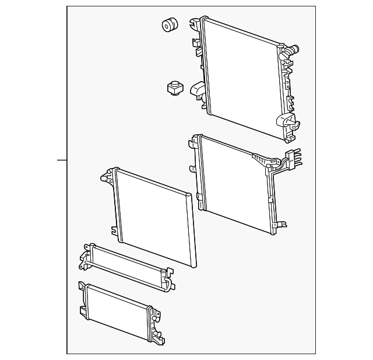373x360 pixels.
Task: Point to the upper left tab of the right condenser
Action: (x=193, y=141)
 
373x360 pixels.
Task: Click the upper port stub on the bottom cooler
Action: (x=156, y=315)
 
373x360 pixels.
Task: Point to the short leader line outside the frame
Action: (x=62, y=159)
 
